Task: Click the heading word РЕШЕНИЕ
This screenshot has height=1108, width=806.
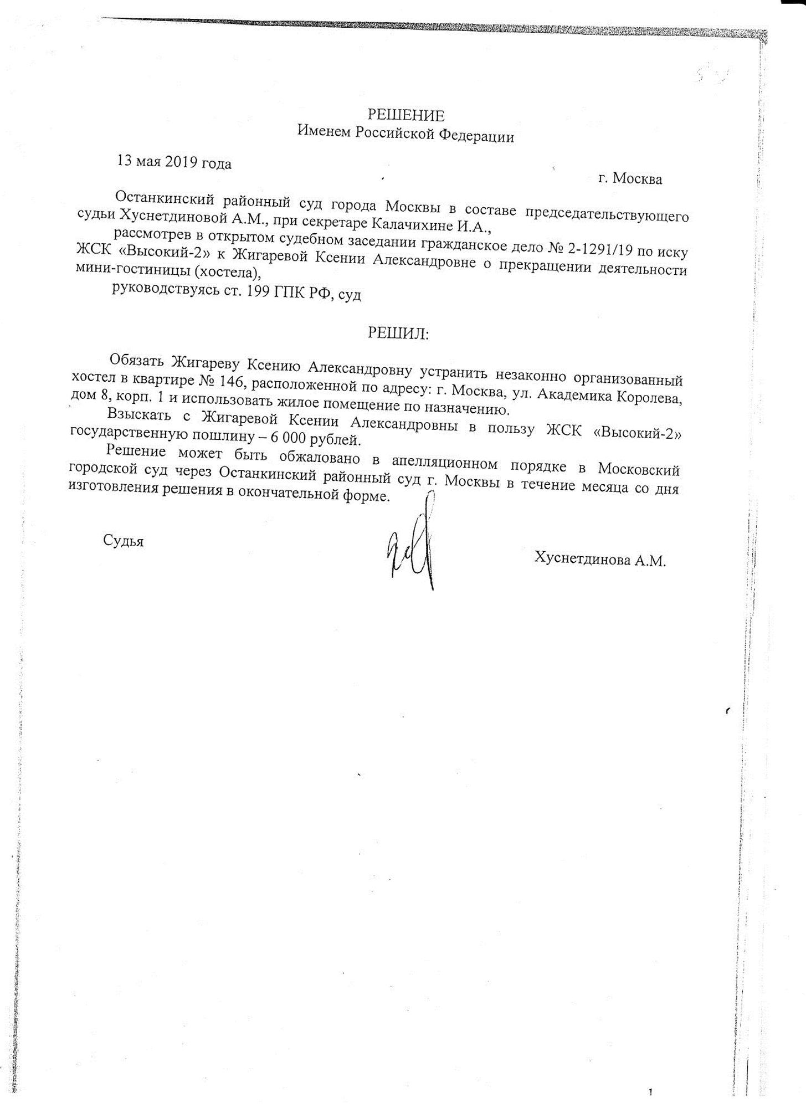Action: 406,115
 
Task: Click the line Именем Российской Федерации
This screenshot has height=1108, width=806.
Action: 405,135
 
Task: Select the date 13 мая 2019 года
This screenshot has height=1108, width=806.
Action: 174,162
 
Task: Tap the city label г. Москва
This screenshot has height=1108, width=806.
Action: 630,179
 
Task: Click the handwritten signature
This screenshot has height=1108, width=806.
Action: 413,546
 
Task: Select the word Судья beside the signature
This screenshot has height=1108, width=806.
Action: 123,541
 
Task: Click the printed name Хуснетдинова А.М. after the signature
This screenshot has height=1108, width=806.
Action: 599,559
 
